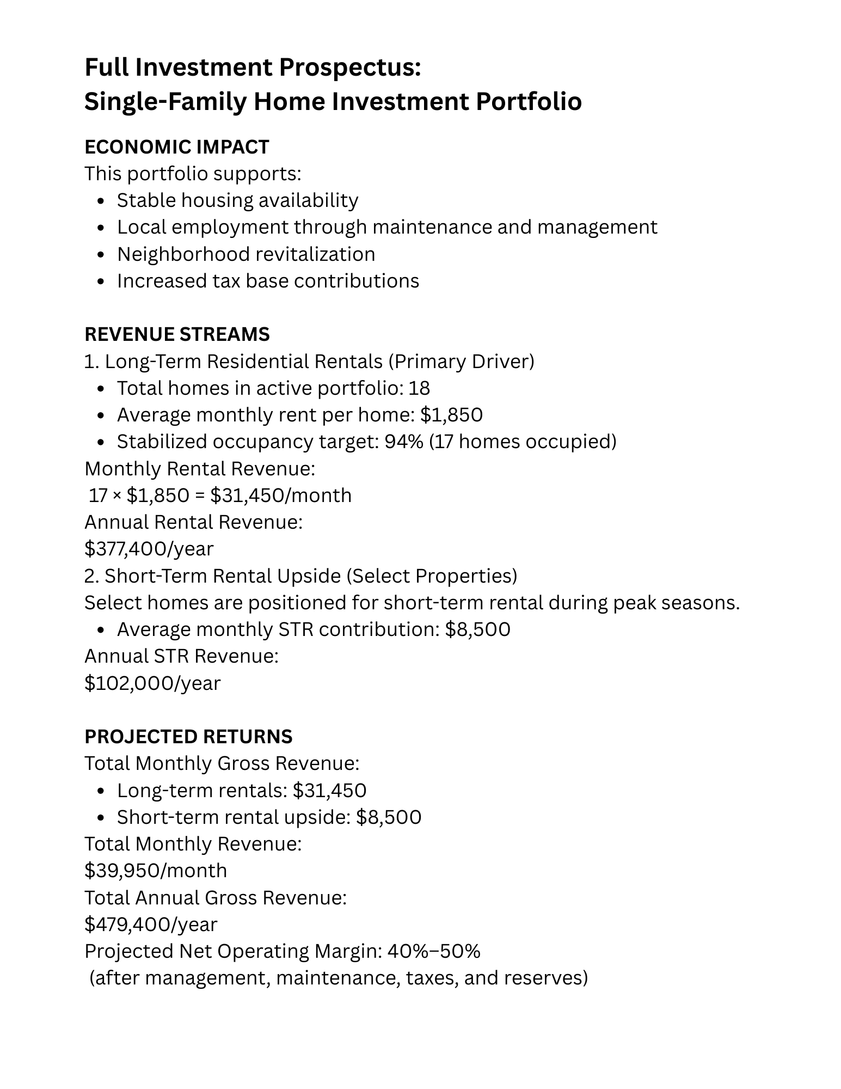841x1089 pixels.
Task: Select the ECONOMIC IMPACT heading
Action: (177, 147)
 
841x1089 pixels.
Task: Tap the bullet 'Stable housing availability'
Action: (237, 200)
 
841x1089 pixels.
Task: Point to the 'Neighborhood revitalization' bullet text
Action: (246, 254)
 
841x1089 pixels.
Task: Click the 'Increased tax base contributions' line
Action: (268, 281)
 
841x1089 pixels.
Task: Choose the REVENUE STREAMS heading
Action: (177, 334)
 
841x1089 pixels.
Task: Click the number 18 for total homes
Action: (419, 388)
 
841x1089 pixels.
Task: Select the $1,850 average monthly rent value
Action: (451, 415)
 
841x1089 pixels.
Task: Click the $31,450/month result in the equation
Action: (281, 495)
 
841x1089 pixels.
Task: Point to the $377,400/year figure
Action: (149, 549)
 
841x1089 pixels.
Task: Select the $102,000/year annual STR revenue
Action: (152, 683)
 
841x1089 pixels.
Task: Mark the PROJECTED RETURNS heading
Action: (188, 737)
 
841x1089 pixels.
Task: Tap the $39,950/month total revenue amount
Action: (156, 871)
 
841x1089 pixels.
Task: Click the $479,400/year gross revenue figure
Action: (151, 925)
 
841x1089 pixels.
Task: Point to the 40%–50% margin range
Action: (433, 951)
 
